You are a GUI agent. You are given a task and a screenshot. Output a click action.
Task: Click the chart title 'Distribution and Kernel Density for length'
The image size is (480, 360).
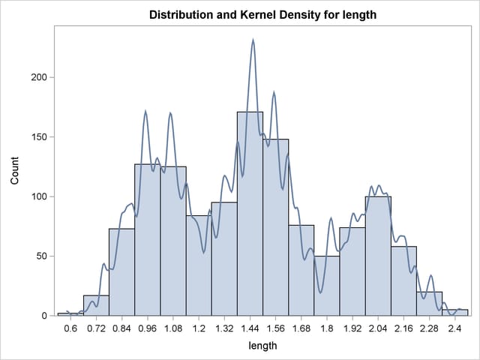point(262,14)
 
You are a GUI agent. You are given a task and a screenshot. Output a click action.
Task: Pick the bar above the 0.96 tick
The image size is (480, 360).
point(148,240)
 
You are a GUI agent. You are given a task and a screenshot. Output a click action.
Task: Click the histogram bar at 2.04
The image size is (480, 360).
point(378,255)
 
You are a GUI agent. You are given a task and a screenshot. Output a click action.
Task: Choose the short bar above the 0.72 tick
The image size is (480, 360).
point(96,306)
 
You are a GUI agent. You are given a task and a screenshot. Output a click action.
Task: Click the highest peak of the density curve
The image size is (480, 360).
point(253,40)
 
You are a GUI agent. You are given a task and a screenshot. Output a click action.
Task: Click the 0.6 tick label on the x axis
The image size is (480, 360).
point(70,328)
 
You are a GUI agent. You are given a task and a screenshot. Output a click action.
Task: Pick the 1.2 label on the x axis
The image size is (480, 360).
point(199,328)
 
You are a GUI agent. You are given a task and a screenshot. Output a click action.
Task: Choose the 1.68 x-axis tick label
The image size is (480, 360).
point(301,328)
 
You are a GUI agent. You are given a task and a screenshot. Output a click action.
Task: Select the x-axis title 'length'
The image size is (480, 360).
point(262,346)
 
